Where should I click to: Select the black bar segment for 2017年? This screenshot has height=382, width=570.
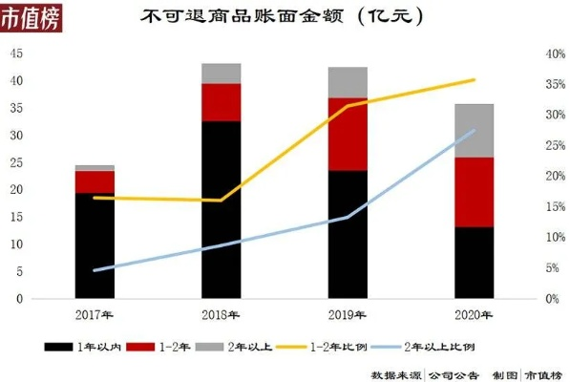click(x=95, y=245)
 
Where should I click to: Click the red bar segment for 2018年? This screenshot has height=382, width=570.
click(x=221, y=102)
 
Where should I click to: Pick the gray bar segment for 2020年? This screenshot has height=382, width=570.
click(x=474, y=130)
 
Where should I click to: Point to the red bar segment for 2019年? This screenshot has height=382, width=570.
click(x=348, y=134)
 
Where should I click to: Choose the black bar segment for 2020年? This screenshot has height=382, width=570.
click(x=474, y=263)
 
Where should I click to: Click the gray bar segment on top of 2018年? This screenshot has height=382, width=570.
click(x=221, y=74)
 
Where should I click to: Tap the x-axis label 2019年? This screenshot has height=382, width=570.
click(x=348, y=313)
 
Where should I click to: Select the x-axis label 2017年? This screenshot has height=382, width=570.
click(x=95, y=313)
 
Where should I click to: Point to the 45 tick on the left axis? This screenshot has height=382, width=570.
click(x=16, y=53)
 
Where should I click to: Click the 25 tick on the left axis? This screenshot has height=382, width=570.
click(x=16, y=162)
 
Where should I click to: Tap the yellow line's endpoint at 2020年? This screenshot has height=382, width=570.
click(x=475, y=80)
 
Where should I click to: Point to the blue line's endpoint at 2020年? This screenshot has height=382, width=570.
click(x=475, y=130)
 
